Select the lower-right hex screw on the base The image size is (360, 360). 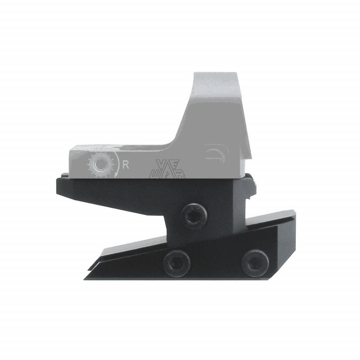pyautogui.click(x=255, y=262)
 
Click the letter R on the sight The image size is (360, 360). pyautogui.click(x=125, y=165)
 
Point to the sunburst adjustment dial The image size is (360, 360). pyautogui.click(x=101, y=165)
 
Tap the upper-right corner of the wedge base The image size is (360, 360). pyautogui.click(x=292, y=212)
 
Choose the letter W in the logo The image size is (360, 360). pyautogui.click(x=154, y=174)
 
